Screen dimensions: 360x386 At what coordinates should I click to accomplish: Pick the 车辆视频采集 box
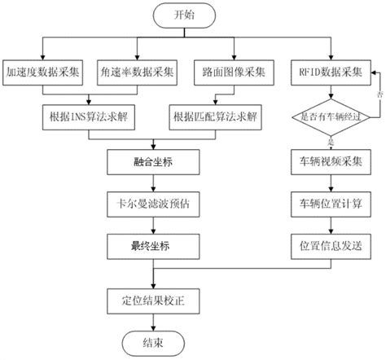[327, 162]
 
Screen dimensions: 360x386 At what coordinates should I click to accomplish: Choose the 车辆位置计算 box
[327, 202]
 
